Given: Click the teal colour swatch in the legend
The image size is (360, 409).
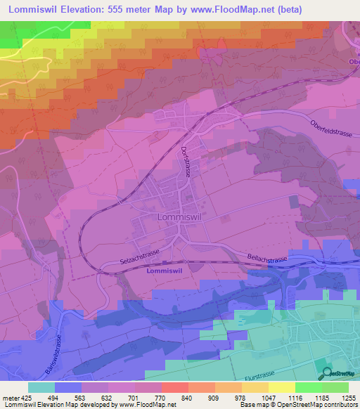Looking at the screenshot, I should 41,387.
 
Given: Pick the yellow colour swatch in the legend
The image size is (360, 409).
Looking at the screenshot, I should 282,387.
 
